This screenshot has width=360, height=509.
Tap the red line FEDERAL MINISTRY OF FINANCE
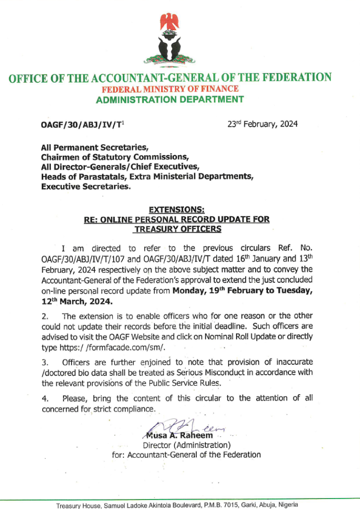[170, 89]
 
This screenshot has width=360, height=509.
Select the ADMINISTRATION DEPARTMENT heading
[170, 99]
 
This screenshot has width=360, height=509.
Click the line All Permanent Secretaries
[94, 147]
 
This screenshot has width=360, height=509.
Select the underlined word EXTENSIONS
[170, 210]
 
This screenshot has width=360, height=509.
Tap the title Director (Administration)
[186, 445]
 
